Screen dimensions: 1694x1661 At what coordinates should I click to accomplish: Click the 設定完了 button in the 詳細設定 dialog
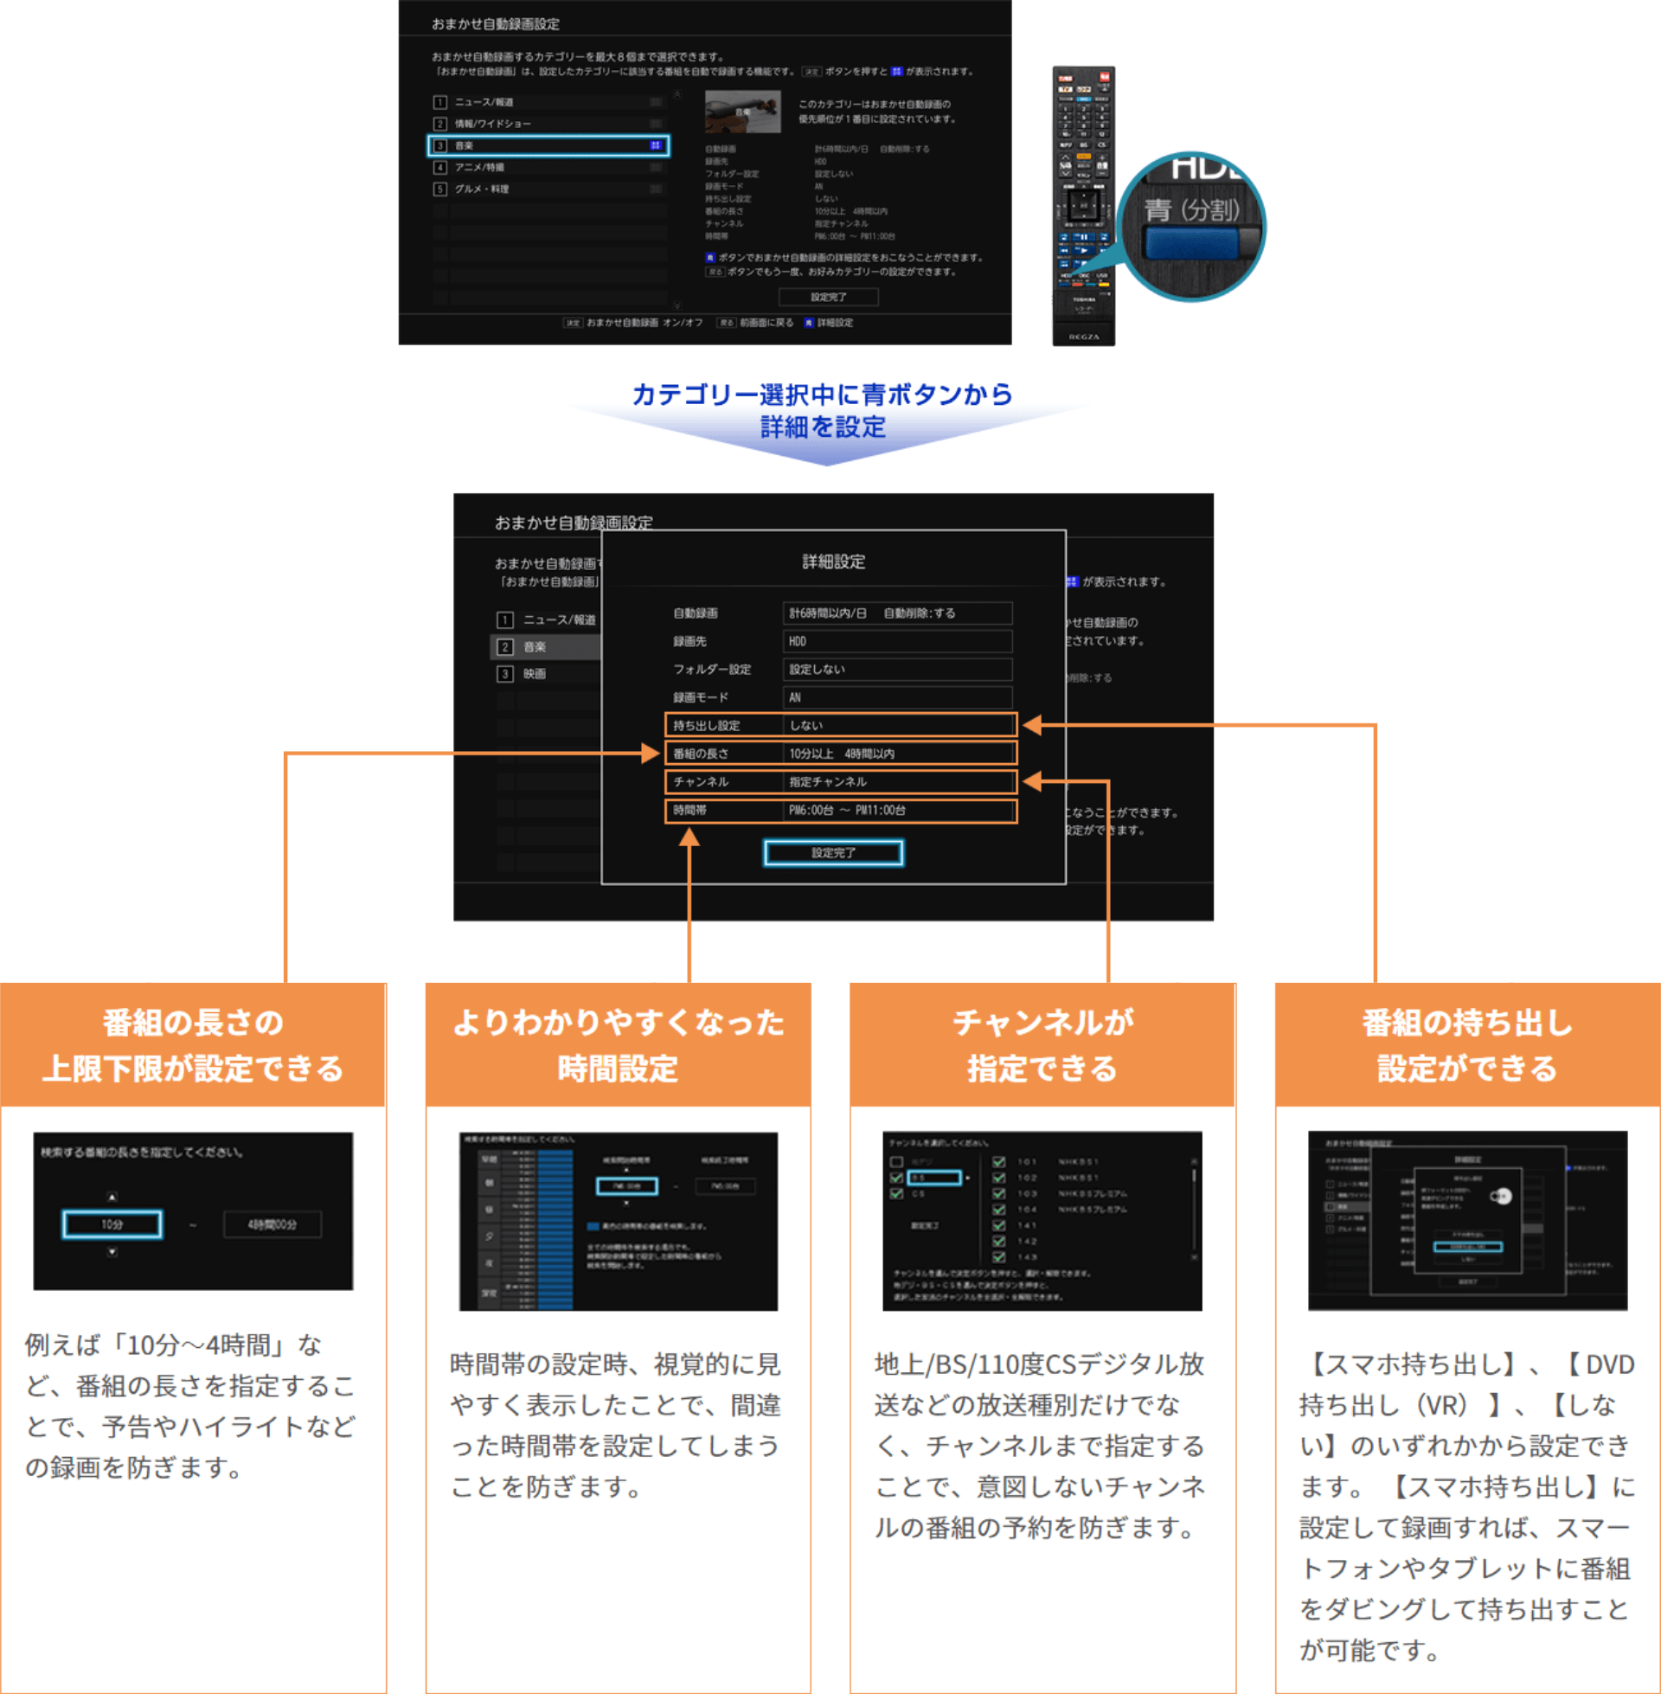click(x=833, y=852)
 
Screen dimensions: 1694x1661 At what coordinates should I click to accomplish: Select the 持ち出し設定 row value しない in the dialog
click(x=898, y=725)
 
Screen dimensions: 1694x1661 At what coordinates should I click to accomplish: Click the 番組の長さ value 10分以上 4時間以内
click(x=898, y=754)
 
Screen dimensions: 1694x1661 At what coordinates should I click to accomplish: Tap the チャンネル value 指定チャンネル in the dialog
click(x=898, y=781)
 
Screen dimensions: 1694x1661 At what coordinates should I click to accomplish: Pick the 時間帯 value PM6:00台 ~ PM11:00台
click(x=898, y=811)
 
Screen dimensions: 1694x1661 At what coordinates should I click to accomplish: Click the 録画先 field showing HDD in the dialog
click(x=897, y=641)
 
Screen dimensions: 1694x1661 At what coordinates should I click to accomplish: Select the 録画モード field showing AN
click(x=897, y=697)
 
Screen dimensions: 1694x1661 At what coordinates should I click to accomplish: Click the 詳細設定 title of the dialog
click(x=833, y=561)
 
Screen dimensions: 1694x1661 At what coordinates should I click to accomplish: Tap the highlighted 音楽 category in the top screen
click(x=548, y=145)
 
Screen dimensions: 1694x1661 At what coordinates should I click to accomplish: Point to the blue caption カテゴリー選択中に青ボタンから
click(x=822, y=395)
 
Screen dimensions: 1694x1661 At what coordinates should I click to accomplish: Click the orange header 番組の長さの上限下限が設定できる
click(x=193, y=1045)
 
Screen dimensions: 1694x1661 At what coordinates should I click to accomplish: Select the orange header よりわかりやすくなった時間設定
click(x=618, y=1045)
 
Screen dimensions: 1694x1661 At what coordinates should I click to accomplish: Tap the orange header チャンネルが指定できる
click(x=1042, y=1045)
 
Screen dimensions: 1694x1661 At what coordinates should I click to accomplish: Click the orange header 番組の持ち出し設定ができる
click(x=1467, y=1045)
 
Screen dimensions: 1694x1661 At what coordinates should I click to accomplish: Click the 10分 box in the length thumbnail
click(x=112, y=1224)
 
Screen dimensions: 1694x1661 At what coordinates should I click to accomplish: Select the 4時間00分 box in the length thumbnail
click(x=273, y=1224)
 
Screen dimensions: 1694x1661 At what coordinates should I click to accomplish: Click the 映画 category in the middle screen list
click(x=534, y=673)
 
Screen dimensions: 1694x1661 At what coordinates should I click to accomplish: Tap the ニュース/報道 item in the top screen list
click(x=484, y=102)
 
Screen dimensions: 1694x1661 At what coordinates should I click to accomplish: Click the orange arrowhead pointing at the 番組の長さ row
click(x=651, y=754)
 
